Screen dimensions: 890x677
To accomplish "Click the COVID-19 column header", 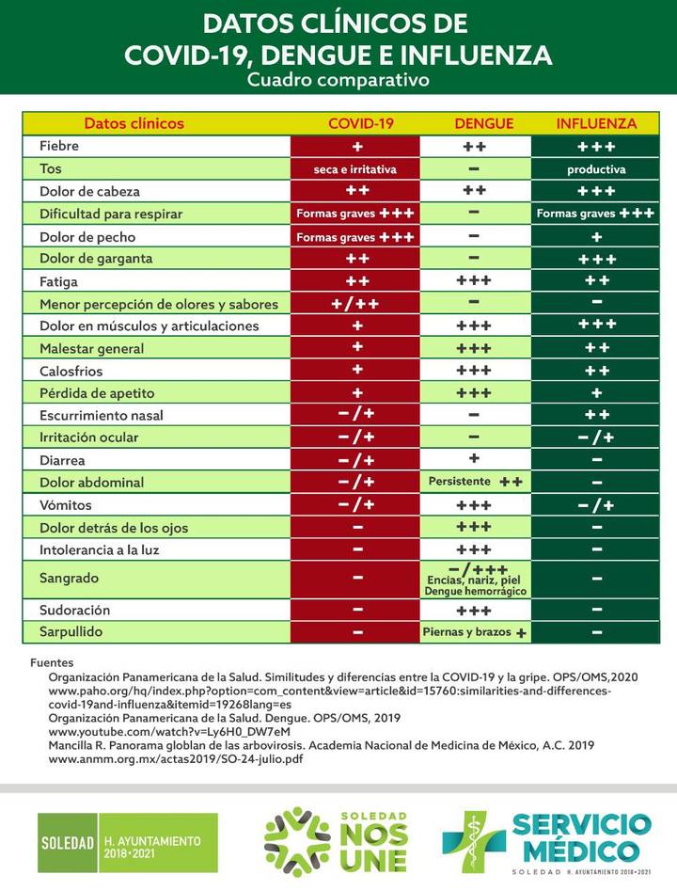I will coord(360,123).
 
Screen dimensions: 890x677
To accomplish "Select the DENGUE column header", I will coord(483,123).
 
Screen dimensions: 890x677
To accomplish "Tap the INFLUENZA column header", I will coord(596,123).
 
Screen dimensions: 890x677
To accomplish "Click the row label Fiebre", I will coord(59,147).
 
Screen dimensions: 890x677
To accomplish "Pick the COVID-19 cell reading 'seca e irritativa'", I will coord(355,169).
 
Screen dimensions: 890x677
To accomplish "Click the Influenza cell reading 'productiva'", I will coord(596,169).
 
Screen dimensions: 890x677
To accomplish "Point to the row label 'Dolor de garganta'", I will coord(96,259).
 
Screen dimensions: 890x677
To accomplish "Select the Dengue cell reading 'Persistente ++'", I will coord(475,482).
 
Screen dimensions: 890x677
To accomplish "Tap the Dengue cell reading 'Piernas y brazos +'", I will coord(475,632).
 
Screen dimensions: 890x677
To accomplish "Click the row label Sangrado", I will coord(69,578).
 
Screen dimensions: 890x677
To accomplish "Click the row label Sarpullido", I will coord(71,632).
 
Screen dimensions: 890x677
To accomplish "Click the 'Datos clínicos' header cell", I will coord(134,123).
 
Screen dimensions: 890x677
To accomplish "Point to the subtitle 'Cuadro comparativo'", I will coord(338,80).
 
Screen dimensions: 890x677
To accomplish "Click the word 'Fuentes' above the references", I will coord(52,663).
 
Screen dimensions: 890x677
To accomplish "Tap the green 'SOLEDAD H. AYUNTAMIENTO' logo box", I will coord(127,842).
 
